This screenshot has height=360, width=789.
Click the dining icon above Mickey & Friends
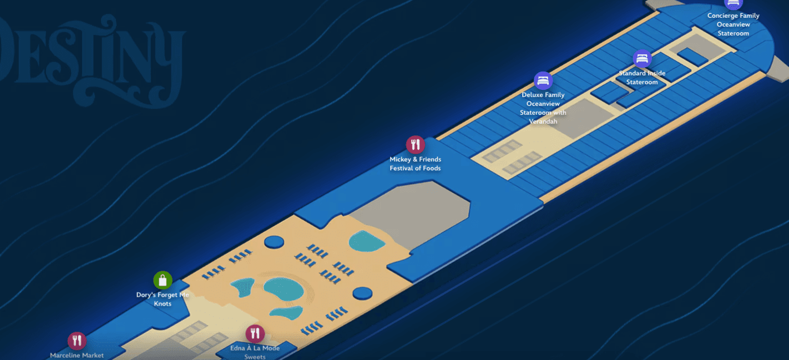point(415,145)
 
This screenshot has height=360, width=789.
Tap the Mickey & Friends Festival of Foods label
point(415,164)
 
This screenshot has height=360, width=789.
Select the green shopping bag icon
point(163,280)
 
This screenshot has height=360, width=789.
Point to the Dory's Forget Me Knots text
point(163,299)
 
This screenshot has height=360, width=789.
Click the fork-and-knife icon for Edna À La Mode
point(255,333)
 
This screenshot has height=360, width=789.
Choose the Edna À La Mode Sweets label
point(255,352)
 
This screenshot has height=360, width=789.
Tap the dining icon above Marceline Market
point(77,341)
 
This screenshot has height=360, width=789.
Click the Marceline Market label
point(77,356)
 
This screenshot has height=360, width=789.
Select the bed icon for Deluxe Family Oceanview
point(543,80)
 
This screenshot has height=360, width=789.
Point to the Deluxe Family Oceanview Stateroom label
point(543,108)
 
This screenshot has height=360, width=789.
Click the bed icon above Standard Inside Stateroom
point(642,59)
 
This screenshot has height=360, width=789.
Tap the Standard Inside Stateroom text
point(642,78)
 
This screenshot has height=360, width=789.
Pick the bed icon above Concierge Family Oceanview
point(733,3)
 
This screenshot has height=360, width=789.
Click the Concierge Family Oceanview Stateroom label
point(733,24)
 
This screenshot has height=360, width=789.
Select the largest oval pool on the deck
point(284,290)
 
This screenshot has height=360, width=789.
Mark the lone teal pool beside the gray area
point(367,241)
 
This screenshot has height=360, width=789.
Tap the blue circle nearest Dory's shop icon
point(274,242)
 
